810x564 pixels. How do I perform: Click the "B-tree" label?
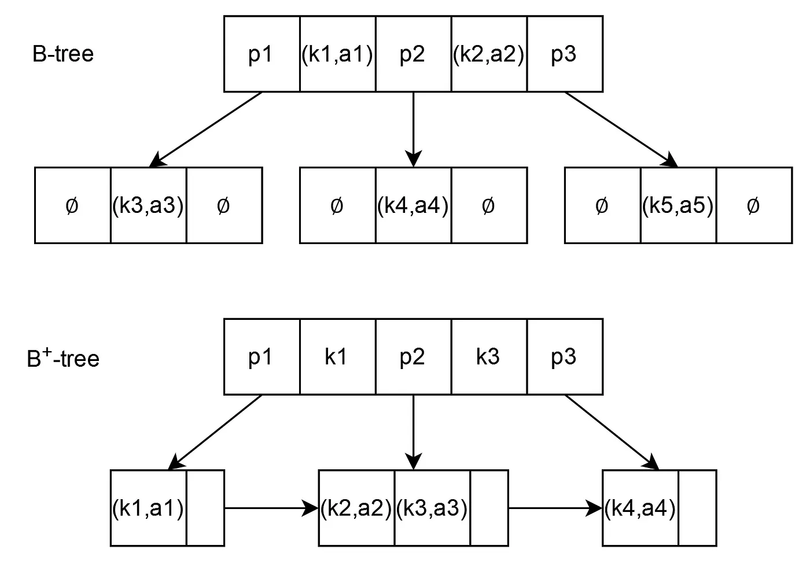point(63,54)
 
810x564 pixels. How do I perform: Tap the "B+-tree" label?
point(63,358)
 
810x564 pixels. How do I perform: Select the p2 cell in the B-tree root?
point(413,54)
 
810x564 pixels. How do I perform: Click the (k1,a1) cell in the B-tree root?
point(337,54)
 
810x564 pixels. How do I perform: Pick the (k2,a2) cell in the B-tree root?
point(489,54)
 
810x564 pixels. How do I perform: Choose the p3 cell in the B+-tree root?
point(564,357)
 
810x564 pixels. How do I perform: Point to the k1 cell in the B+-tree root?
point(337,357)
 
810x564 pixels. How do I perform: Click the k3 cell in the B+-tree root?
point(488,357)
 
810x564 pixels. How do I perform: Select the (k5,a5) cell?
point(678,205)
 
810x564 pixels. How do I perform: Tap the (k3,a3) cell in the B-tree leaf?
point(148,205)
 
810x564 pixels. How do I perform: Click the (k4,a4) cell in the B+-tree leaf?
point(640,508)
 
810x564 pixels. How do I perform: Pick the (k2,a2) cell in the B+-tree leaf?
point(356,508)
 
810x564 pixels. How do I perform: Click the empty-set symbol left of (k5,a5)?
point(602,205)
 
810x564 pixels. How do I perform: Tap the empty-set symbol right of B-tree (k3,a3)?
point(223,205)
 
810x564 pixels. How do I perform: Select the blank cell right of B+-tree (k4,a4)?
point(697,508)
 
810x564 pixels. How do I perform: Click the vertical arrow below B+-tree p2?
point(413,431)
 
